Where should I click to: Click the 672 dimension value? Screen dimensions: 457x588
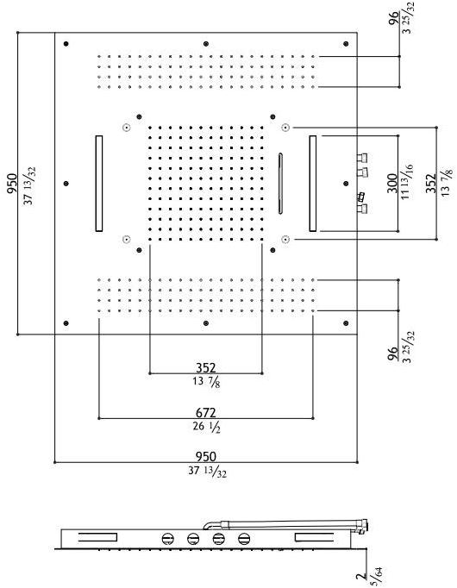pyautogui.click(x=206, y=413)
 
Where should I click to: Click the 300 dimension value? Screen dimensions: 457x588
pyautogui.click(x=392, y=183)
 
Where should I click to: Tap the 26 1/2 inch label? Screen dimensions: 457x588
pyautogui.click(x=207, y=427)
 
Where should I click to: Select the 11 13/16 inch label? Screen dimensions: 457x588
pyautogui.click(x=407, y=182)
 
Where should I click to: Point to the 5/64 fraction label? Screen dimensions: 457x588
pyautogui.click(x=378, y=577)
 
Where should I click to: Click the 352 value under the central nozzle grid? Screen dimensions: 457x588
pyautogui.click(x=206, y=368)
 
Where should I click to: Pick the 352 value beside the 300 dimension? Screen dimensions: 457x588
pyautogui.click(x=431, y=183)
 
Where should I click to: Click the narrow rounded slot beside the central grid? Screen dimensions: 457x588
pyautogui.click(x=280, y=184)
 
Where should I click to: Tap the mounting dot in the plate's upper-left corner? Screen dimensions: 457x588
pyautogui.click(x=66, y=44)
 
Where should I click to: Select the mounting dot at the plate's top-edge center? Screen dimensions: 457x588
pyautogui.click(x=206, y=44)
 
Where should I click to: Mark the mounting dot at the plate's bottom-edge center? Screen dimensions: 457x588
pyautogui.click(x=206, y=322)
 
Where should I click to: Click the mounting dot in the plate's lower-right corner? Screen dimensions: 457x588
pyautogui.click(x=346, y=322)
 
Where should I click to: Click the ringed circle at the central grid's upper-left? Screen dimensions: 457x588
pyautogui.click(x=127, y=128)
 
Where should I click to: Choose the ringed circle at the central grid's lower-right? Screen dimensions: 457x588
pyautogui.click(x=285, y=239)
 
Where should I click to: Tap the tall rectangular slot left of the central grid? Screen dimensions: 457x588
pyautogui.click(x=99, y=184)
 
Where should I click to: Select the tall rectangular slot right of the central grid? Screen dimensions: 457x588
pyautogui.click(x=313, y=184)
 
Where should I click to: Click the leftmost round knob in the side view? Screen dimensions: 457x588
pyautogui.click(x=168, y=539)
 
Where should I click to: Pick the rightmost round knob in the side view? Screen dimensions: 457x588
pyautogui.click(x=244, y=539)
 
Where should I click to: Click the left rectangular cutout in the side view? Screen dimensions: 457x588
pyautogui.click(x=97, y=537)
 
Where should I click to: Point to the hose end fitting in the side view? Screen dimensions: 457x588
pyautogui.click(x=364, y=527)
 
